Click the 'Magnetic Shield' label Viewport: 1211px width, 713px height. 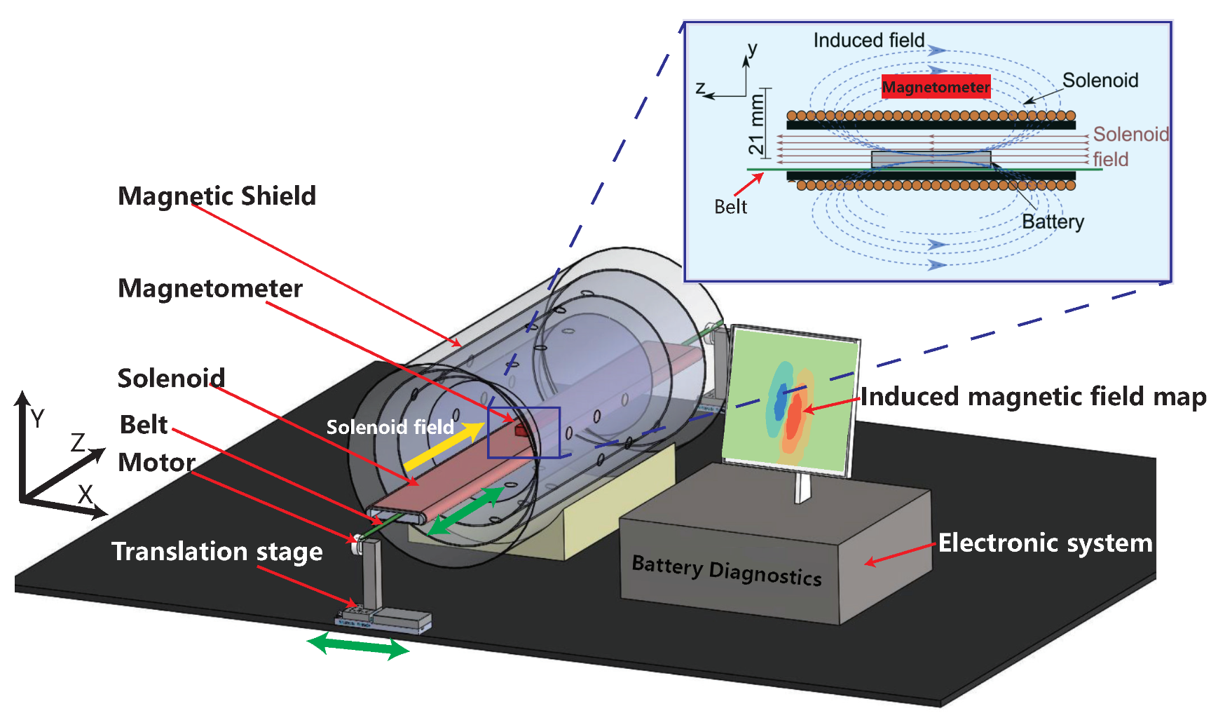click(217, 196)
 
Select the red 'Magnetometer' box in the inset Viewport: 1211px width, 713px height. click(936, 87)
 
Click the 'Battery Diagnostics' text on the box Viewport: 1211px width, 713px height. click(726, 570)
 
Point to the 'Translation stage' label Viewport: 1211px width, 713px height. click(217, 552)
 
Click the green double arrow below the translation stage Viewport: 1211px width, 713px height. click(358, 645)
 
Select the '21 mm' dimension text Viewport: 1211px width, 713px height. click(756, 124)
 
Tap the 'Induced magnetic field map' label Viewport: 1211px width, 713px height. click(1033, 397)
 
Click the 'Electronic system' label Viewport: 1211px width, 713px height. click(1045, 543)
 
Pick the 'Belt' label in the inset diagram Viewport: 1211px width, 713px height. click(730, 207)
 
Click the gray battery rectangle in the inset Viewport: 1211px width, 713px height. click(931, 159)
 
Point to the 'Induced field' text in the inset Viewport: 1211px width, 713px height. click(868, 41)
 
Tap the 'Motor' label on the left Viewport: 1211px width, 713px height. click(156, 463)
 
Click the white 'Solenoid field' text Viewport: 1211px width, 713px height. click(390, 427)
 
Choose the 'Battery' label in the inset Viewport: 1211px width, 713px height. click(1053, 222)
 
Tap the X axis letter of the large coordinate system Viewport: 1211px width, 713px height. click(85, 494)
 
